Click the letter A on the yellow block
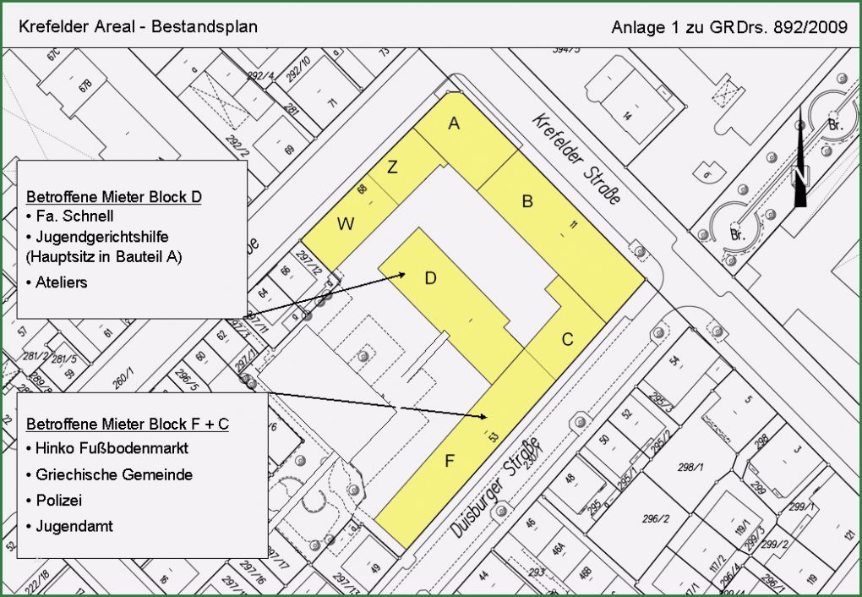pyautogui.click(x=454, y=124)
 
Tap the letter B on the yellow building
pyautogui.click(x=527, y=201)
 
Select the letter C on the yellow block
pyautogui.click(x=568, y=340)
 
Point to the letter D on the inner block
pyautogui.click(x=430, y=277)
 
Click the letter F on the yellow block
pyautogui.click(x=450, y=461)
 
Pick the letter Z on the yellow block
pyautogui.click(x=392, y=167)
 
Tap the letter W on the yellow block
pyautogui.click(x=346, y=224)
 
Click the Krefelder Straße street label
pyautogui.click(x=576, y=158)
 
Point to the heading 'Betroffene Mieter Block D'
pyautogui.click(x=114, y=197)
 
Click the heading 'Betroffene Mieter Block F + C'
pyautogui.click(x=128, y=424)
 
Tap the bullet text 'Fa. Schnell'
pyautogui.click(x=69, y=216)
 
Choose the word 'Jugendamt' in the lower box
pyautogui.click(x=74, y=526)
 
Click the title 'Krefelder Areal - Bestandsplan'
pyautogui.click(x=138, y=26)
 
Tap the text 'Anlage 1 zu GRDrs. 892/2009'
pyautogui.click(x=728, y=28)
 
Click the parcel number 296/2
pyautogui.click(x=656, y=518)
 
